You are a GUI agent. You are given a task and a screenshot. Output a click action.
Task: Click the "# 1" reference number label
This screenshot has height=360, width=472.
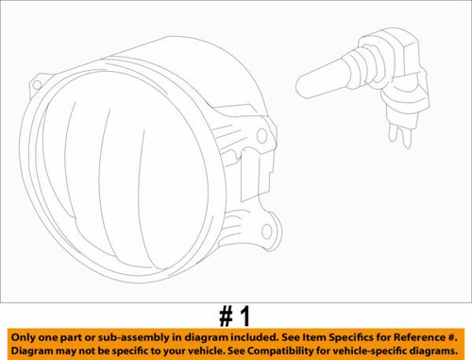235,315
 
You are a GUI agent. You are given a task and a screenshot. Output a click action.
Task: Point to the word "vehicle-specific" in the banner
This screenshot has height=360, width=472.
368,351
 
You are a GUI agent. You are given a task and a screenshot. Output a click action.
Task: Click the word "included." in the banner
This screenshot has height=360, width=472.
256,335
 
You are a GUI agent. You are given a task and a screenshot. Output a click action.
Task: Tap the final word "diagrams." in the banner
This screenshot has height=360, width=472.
436,351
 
